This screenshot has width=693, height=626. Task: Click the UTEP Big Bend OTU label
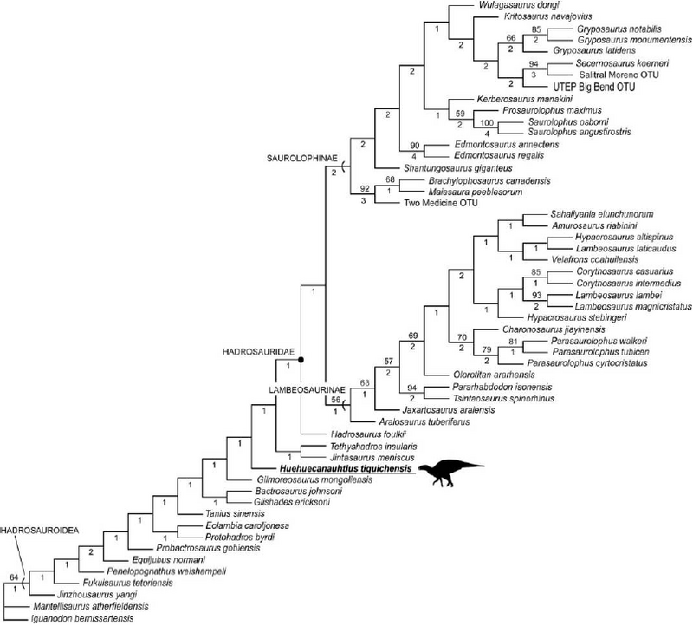click(590, 87)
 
